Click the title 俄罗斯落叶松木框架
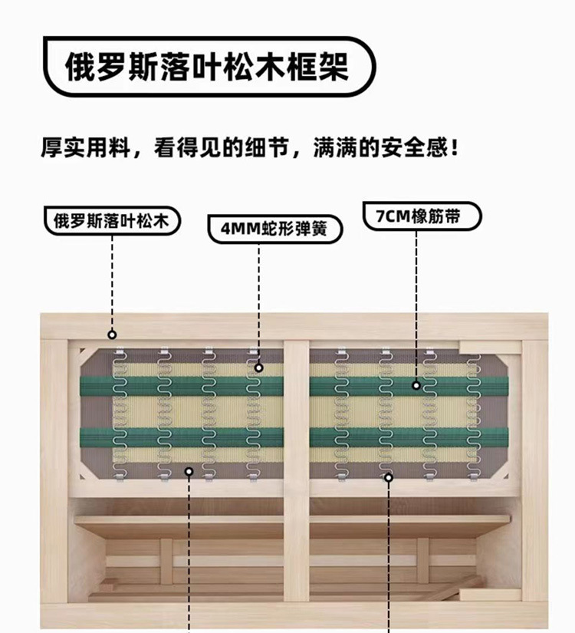click(x=206, y=67)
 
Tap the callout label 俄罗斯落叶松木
click(x=113, y=220)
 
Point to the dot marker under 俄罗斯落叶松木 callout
click(x=112, y=334)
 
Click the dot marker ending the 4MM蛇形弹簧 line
click(x=259, y=368)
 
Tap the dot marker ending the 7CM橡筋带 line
click(x=416, y=385)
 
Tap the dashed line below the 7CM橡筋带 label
click(x=416, y=307)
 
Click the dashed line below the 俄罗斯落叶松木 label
click(x=112, y=284)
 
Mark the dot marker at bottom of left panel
click(x=189, y=472)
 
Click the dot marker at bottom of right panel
click(x=389, y=477)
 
